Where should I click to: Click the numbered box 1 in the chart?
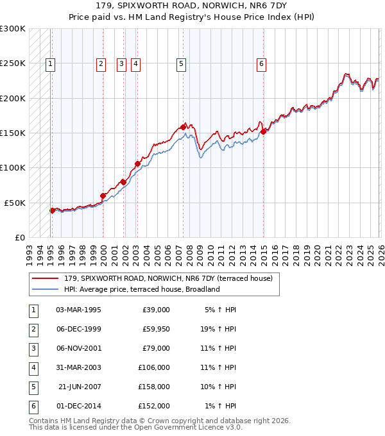[x=50, y=63]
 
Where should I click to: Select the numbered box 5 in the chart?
[x=182, y=63]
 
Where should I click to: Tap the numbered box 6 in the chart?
[x=261, y=63]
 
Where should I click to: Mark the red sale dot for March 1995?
[x=52, y=210]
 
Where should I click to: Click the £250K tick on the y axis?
[x=13, y=63]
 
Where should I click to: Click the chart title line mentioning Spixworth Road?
[x=192, y=7]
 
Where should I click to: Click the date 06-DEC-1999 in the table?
[x=78, y=329]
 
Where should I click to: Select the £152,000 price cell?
[x=154, y=406]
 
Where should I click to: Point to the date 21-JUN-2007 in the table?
[x=79, y=387]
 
